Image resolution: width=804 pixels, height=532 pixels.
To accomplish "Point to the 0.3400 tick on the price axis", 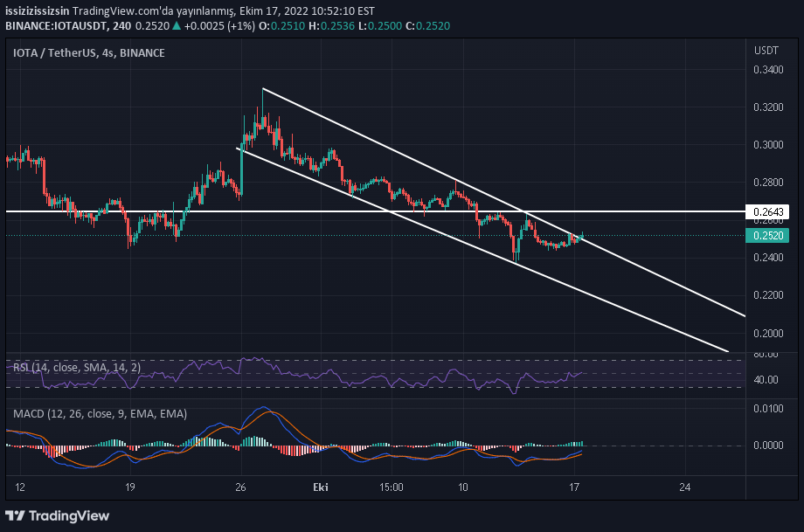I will (x=767, y=71).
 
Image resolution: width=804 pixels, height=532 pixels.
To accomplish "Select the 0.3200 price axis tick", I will (x=767, y=108).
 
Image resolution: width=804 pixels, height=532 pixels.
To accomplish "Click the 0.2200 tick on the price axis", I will (x=767, y=295).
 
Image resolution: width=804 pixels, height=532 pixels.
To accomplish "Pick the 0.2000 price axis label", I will (x=767, y=333).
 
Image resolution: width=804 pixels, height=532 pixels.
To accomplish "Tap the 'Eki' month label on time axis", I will (x=320, y=487).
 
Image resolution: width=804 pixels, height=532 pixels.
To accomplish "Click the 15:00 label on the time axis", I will (x=391, y=487).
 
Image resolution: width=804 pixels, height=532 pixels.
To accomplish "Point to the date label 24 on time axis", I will (x=685, y=487).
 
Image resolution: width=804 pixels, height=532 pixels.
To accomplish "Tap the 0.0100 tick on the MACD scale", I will (x=767, y=408).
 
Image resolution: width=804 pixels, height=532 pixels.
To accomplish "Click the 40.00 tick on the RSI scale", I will (x=766, y=380).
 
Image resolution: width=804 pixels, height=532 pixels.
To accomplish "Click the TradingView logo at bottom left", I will (x=59, y=515).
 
